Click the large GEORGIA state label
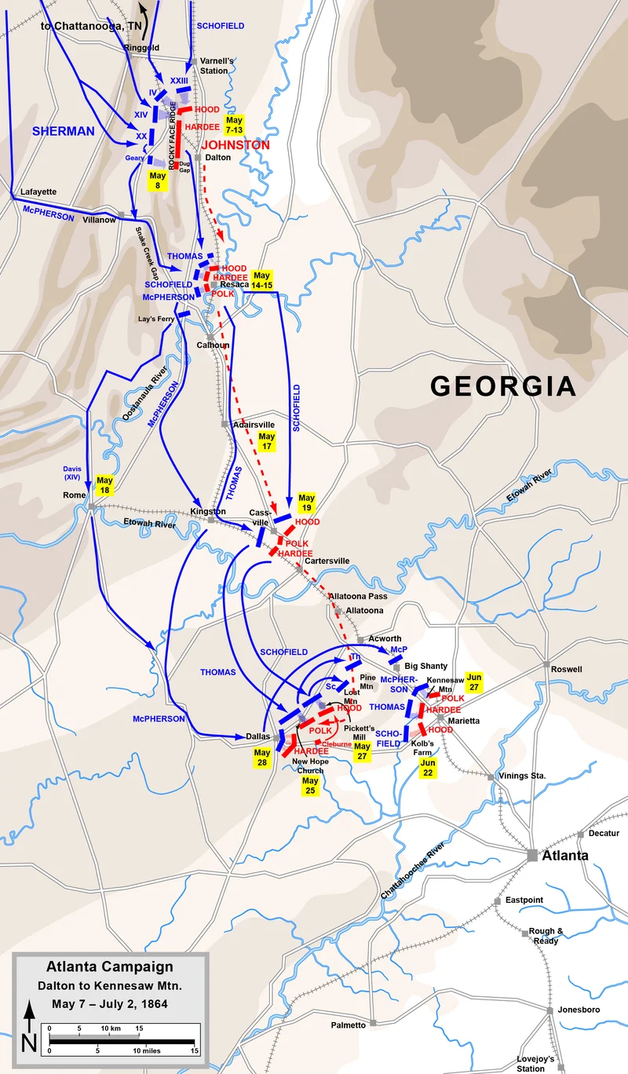coord(502,386)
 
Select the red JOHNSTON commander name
coord(235,145)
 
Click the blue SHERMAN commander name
coord(63,131)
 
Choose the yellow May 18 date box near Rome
coord(104,485)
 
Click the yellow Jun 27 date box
coord(474,681)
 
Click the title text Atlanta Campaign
coord(109,967)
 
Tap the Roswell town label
coord(567,669)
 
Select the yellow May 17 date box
coord(267,440)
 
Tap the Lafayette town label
coord(38,191)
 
